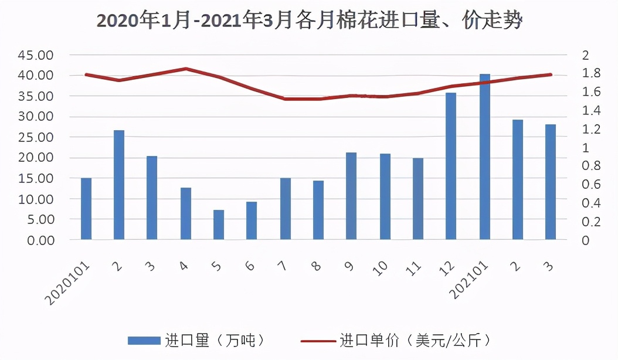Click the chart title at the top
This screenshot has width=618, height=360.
coord(309,21)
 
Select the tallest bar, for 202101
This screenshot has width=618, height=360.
coord(485,157)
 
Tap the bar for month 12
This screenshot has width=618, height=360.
coord(451,166)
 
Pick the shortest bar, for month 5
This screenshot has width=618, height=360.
coord(219,225)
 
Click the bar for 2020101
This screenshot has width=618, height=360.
coord(86,209)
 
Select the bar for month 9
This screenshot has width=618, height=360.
coord(351,196)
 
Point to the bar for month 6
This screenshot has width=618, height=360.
coord(252,220)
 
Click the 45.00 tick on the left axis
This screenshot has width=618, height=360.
coord(37,55)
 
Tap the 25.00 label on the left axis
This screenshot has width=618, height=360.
coord(37,137)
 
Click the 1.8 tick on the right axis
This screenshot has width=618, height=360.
coord(589,73)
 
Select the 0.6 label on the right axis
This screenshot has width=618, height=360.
coord(589,184)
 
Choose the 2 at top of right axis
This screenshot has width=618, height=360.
coord(585,55)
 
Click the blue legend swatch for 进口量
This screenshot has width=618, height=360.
coord(144,340)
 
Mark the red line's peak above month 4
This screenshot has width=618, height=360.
coord(186,69)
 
